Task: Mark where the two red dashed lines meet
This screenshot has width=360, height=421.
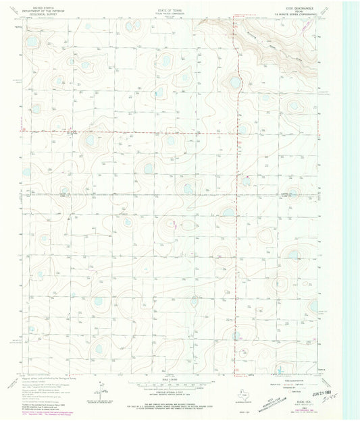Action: point(236,133)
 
